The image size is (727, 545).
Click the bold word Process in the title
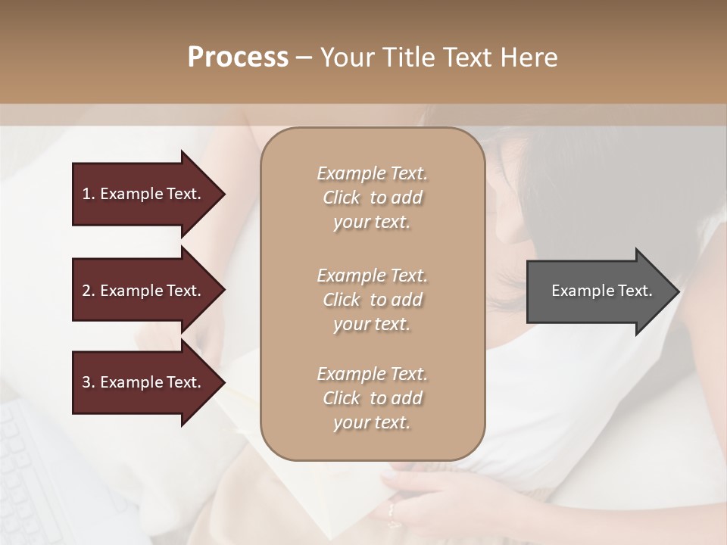238,58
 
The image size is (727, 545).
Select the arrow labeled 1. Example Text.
141,194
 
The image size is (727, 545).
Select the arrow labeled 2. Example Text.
141,291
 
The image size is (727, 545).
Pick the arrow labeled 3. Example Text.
141,382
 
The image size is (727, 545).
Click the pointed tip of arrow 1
222,195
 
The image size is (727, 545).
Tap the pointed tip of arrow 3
222,383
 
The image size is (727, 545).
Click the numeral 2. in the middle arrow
88,291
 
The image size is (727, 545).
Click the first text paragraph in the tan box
372,198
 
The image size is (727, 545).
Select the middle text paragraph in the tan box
372,300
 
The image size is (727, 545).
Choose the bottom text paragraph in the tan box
372,398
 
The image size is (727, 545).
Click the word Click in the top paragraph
342,198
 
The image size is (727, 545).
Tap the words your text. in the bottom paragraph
372,423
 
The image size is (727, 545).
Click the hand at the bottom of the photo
424,496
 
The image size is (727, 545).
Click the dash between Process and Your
304,58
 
